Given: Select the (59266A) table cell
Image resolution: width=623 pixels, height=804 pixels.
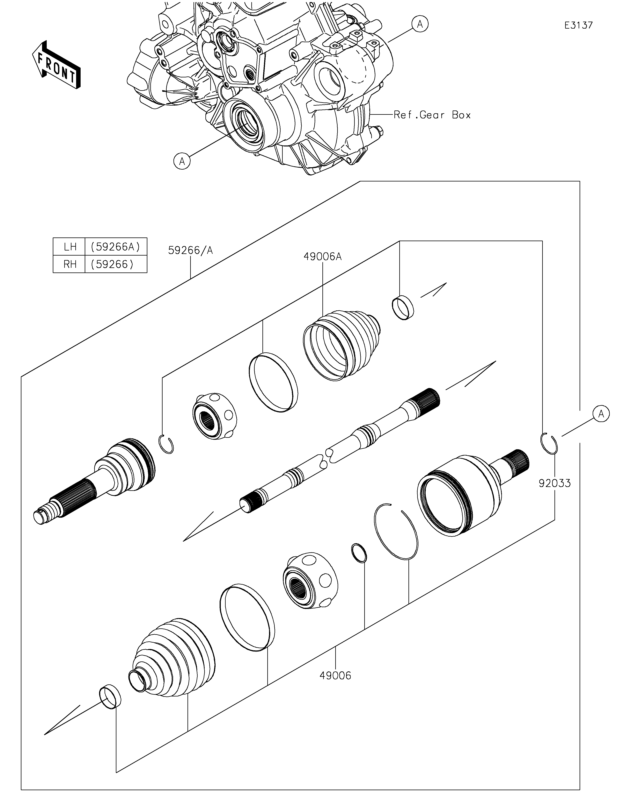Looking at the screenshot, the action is click(116, 247).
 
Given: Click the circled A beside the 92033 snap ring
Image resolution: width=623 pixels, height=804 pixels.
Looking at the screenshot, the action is click(601, 414).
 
